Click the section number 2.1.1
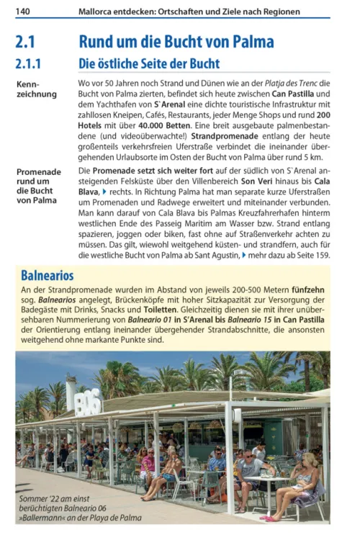pos(32,63)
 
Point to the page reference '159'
pos(322,254)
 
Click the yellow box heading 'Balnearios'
pos(47,275)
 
